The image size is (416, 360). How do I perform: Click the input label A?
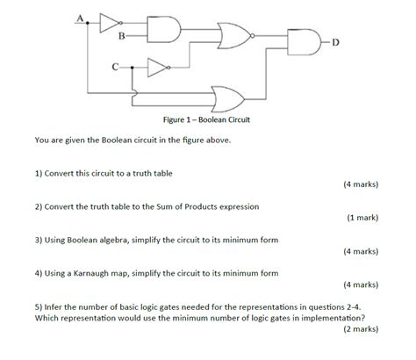81,16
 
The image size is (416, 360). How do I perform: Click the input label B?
122,35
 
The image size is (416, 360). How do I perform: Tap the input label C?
113,66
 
